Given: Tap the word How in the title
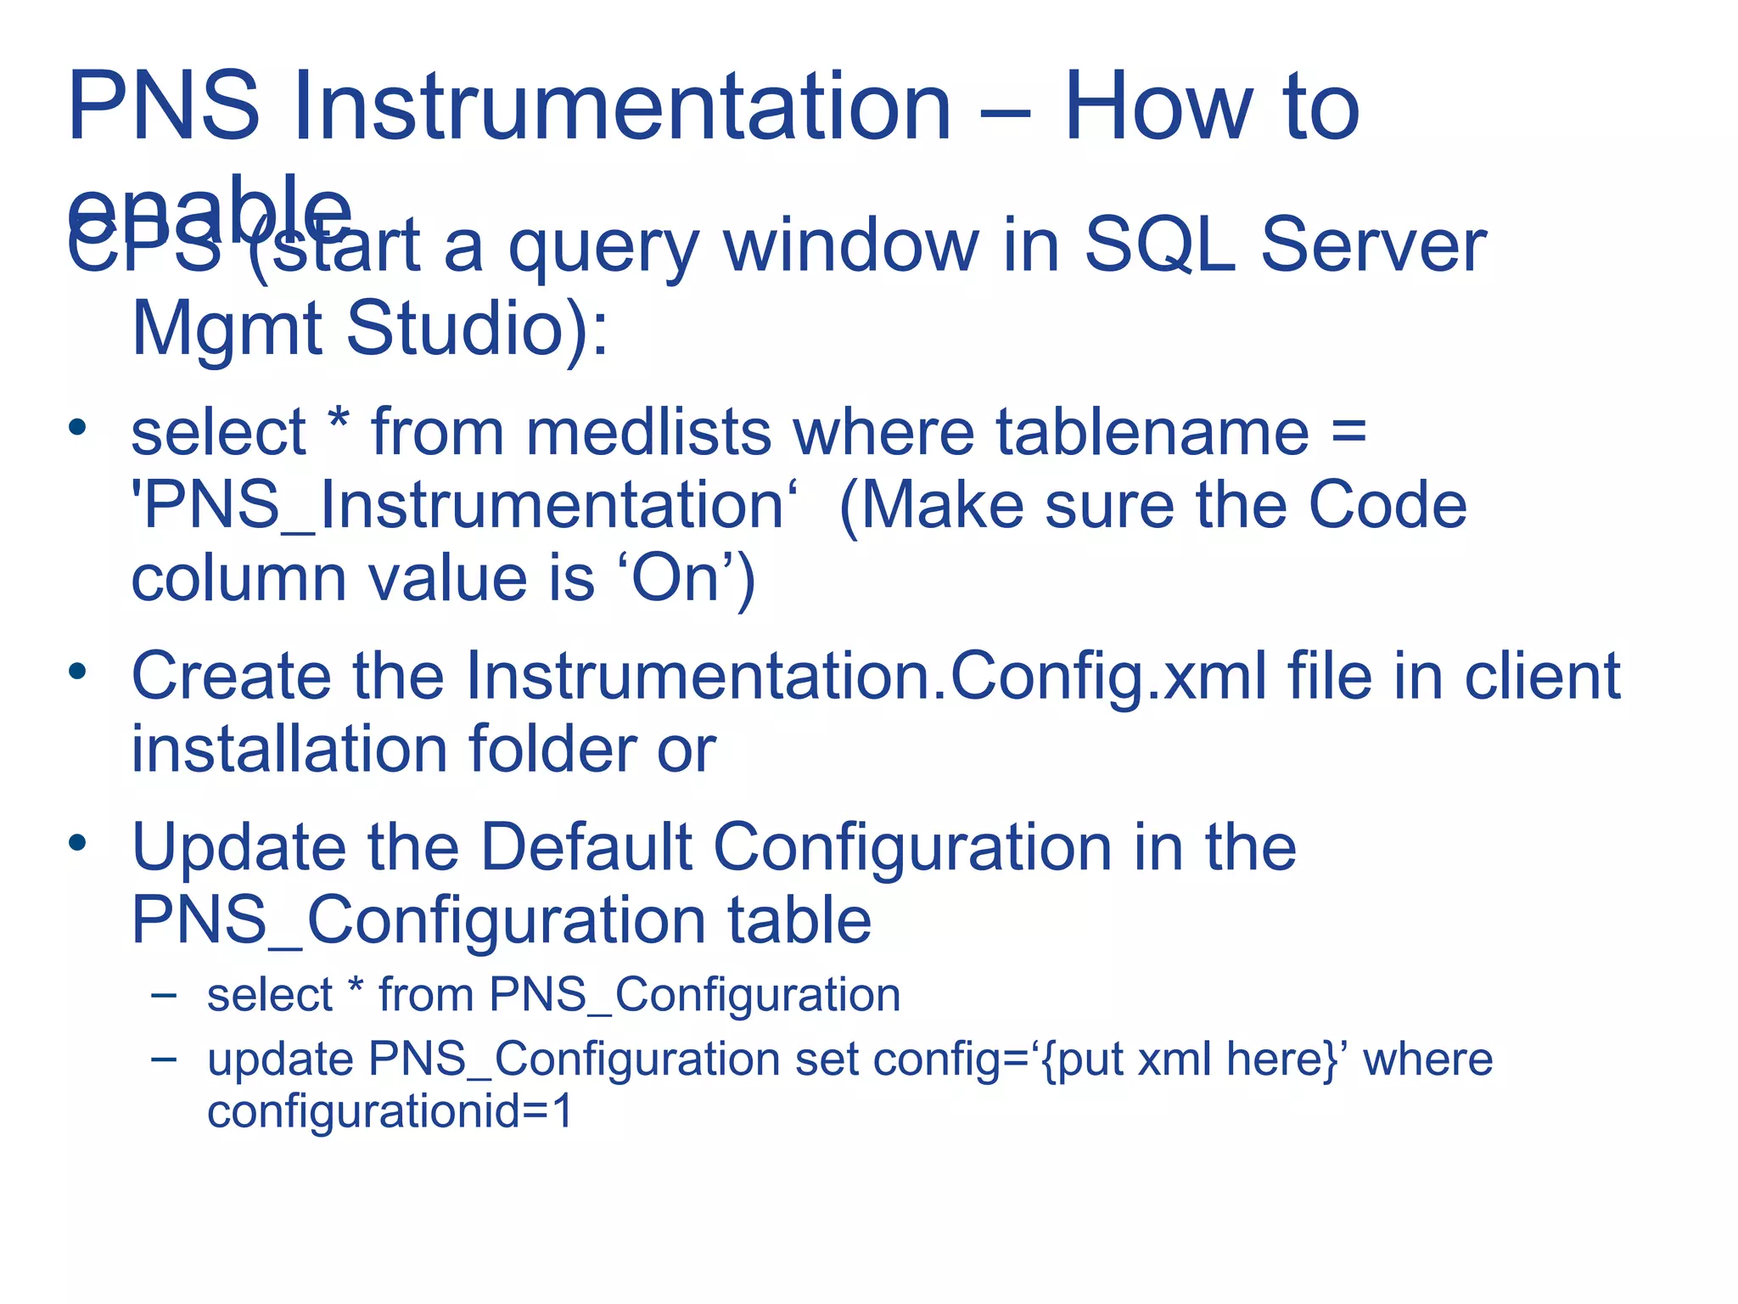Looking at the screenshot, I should click(1158, 108).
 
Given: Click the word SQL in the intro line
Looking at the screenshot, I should click(1159, 246).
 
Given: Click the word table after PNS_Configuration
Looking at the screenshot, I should click(799, 920).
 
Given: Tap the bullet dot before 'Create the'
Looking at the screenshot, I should click(78, 672).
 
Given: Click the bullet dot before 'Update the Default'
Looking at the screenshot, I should click(78, 842).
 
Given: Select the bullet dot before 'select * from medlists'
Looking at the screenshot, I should click(78, 427).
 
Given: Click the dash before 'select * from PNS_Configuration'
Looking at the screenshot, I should click(163, 995).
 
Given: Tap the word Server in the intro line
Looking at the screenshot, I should click(1372, 246).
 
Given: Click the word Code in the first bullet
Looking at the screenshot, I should click(1387, 506).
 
